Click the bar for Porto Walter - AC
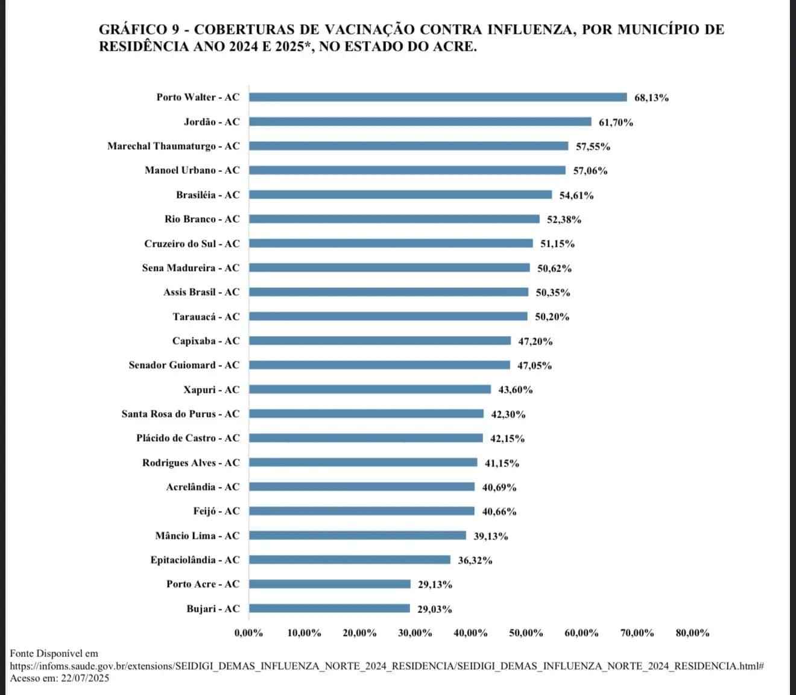click(438, 97)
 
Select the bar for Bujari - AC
click(329, 609)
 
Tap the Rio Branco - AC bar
click(394, 219)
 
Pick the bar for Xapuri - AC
click(370, 390)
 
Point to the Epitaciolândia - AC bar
click(350, 560)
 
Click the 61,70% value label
click(616, 122)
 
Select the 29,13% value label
click(435, 585)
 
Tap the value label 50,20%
click(552, 317)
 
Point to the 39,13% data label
click(490, 536)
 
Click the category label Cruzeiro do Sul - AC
click(192, 244)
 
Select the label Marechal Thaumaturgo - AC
click(173, 146)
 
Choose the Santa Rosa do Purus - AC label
click(180, 414)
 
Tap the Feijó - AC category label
click(216, 511)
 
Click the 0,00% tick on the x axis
click(248, 633)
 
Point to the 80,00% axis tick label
click(692, 633)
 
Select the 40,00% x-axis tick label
click(470, 633)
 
